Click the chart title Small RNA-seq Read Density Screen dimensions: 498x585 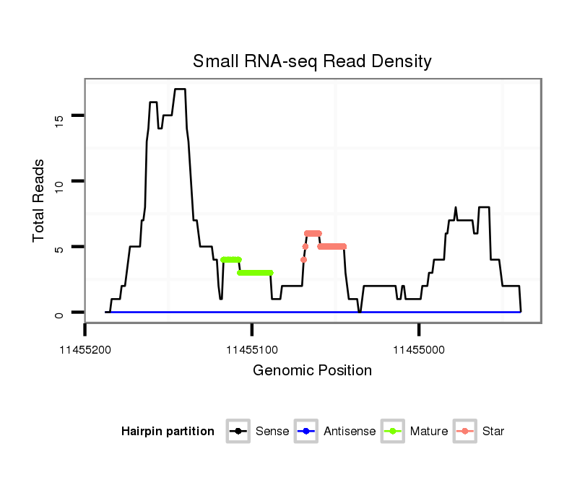[x=312, y=61]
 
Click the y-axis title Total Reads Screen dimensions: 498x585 [x=40, y=201]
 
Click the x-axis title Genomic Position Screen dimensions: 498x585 [x=312, y=371]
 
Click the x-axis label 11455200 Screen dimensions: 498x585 [x=85, y=350]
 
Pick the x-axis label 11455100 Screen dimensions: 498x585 [x=252, y=350]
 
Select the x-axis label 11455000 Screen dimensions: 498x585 [x=419, y=350]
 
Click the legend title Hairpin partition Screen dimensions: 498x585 [x=168, y=432]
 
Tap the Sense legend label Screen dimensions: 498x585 [x=272, y=432]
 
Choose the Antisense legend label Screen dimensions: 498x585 [x=349, y=432]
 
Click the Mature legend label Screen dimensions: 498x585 [x=429, y=432]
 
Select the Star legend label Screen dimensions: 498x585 [x=493, y=432]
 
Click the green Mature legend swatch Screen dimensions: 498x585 [x=394, y=432]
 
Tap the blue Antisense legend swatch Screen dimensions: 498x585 [x=307, y=432]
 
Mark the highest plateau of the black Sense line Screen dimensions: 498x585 [x=180, y=89]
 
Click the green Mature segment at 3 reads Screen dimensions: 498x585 [x=255, y=273]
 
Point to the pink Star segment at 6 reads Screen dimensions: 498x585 [x=313, y=233]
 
